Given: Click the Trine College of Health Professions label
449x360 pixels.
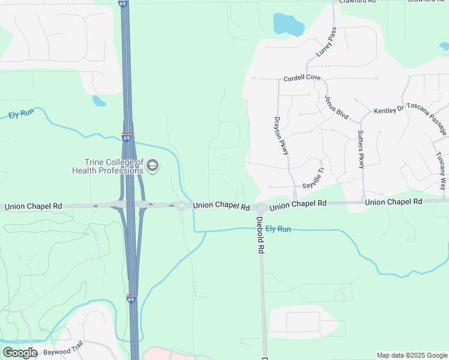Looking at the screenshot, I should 108,166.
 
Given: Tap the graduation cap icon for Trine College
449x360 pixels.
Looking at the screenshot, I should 152,166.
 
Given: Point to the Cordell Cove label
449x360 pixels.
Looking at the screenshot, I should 302,78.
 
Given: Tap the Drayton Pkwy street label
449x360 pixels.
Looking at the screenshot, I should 282,135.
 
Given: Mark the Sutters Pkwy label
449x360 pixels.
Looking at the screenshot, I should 361,149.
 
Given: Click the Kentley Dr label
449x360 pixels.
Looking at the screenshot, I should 388,110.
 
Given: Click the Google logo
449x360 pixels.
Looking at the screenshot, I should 20,353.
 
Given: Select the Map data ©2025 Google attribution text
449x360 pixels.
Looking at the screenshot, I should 412,355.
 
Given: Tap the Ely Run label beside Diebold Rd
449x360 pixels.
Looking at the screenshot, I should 278,229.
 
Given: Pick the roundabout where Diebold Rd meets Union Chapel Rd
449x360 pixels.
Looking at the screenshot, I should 261,208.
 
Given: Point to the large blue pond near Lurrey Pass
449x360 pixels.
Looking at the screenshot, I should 288,24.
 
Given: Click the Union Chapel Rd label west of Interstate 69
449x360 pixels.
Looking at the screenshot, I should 33,206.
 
